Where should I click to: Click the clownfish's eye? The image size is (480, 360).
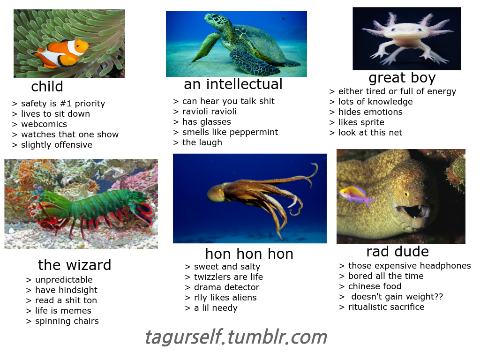(x=78, y=46)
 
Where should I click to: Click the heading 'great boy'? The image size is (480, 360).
(x=402, y=78)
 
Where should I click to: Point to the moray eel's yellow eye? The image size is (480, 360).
(x=406, y=194)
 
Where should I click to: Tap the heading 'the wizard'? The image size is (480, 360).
(x=75, y=265)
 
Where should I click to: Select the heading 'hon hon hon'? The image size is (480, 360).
(x=249, y=254)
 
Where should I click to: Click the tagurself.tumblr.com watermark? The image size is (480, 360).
(x=236, y=337)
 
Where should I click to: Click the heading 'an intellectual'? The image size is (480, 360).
(x=233, y=84)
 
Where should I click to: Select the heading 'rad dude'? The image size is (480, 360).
(x=397, y=252)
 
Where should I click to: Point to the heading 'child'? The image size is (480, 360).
(x=47, y=86)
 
